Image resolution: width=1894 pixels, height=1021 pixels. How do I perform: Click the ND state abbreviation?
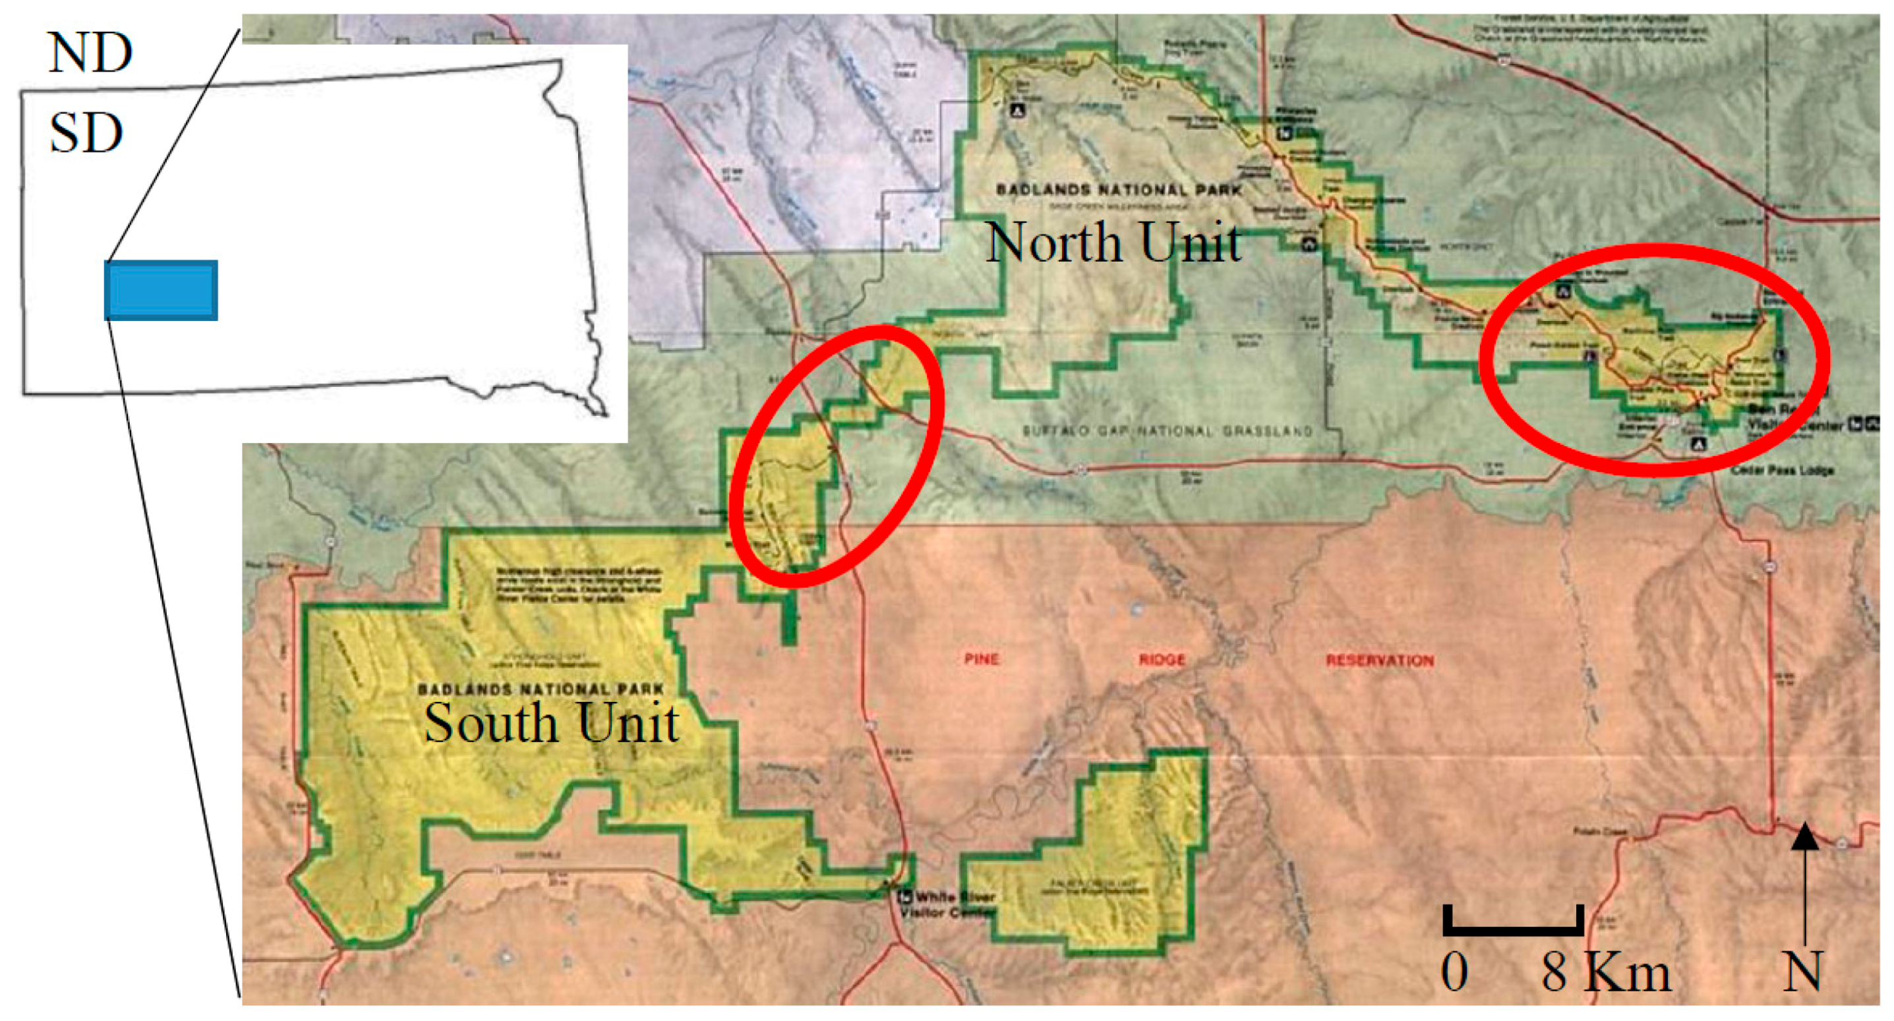click(90, 53)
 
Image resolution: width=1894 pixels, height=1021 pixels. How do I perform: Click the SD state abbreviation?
click(85, 133)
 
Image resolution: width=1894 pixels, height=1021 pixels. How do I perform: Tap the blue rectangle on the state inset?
click(161, 291)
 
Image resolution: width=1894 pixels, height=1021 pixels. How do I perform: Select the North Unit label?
click(1113, 243)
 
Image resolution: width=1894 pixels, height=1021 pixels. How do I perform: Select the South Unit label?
click(551, 722)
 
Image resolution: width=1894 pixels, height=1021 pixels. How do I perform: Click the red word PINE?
click(982, 658)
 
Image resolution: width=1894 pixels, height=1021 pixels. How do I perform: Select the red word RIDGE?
click(1162, 659)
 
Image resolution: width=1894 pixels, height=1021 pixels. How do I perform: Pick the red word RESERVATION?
click(1379, 660)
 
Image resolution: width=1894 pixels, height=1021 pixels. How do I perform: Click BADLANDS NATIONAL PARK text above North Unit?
click(1118, 190)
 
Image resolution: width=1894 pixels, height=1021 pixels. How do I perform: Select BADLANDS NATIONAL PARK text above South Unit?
click(541, 689)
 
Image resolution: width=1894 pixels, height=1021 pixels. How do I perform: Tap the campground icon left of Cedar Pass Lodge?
click(1698, 444)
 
